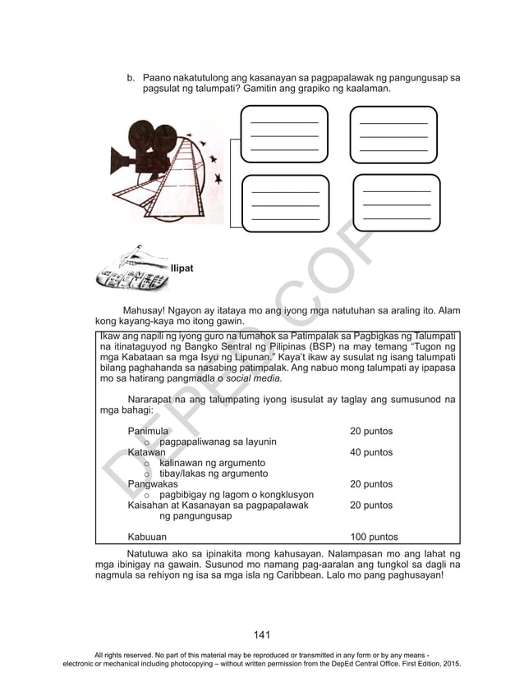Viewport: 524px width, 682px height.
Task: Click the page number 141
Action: (262, 634)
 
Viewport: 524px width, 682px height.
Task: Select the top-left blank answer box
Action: (284, 134)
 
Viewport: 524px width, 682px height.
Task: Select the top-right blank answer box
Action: (393, 134)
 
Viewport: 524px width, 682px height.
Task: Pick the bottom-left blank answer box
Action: (284, 202)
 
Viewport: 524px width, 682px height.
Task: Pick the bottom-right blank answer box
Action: (397, 202)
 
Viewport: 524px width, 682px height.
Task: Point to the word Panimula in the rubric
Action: (148, 431)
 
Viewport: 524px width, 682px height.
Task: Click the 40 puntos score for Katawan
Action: (371, 452)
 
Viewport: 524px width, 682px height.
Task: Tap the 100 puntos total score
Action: (374, 538)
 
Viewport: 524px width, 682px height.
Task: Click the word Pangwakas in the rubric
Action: (152, 484)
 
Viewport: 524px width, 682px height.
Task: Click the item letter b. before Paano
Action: (130, 76)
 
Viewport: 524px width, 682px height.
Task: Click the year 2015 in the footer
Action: (450, 662)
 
